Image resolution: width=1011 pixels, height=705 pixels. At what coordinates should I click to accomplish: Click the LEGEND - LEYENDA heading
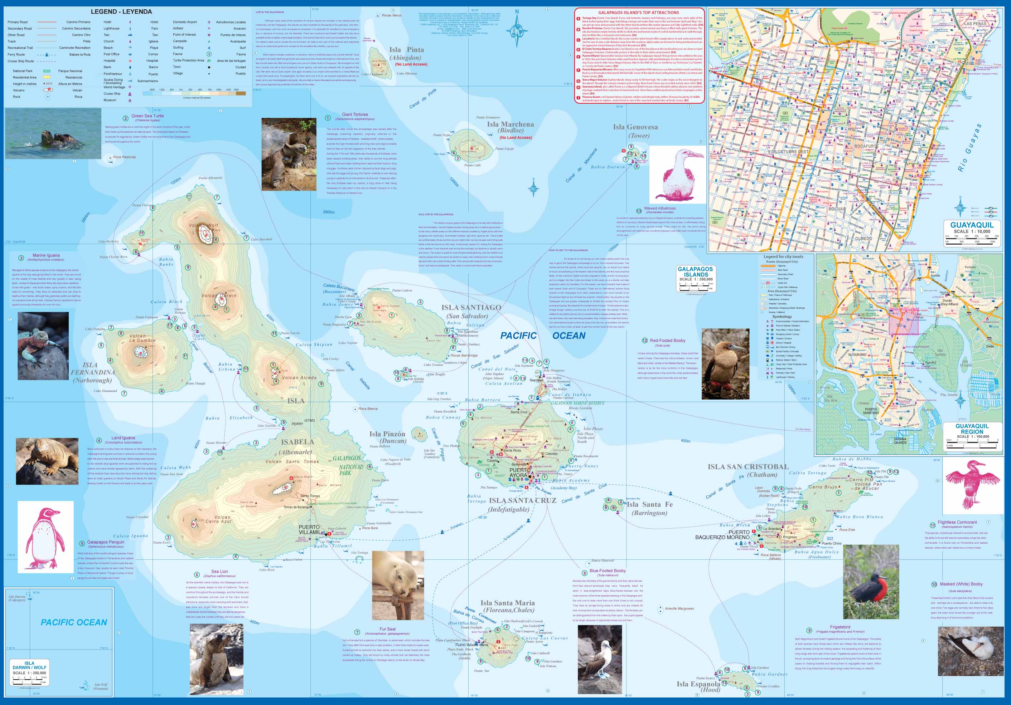click(121, 12)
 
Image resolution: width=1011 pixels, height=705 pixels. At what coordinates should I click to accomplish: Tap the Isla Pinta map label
click(406, 50)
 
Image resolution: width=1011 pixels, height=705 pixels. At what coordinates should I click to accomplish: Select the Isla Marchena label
click(511, 124)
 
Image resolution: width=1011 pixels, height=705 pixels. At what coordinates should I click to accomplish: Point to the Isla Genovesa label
click(635, 127)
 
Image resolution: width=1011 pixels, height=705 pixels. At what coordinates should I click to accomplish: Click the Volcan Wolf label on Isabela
click(203, 225)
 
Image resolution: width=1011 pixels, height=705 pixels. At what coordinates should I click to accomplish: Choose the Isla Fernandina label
click(92, 372)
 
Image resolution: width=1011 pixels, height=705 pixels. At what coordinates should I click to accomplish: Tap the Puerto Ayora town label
click(521, 472)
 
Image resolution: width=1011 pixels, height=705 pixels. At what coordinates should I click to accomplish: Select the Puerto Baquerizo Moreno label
click(722, 535)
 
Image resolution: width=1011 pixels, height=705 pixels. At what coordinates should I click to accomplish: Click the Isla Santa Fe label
click(649, 504)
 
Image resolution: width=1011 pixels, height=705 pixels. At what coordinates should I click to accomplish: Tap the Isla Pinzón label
click(387, 434)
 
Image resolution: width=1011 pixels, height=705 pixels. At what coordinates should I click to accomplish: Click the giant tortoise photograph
click(289, 154)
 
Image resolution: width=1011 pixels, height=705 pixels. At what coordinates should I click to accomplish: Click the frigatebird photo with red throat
click(871, 581)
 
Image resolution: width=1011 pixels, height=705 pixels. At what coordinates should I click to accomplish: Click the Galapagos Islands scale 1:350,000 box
click(695, 278)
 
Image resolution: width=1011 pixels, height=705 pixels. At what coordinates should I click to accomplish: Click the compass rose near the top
click(517, 30)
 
